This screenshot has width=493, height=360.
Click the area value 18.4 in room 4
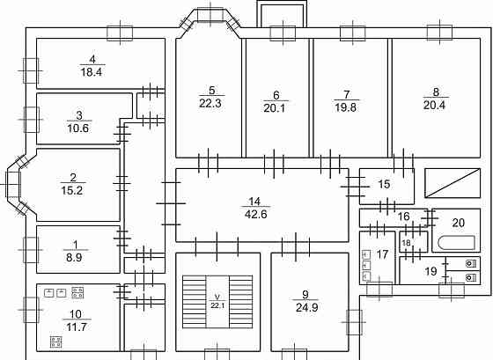click(92, 72)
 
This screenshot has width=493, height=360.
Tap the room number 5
click(212, 91)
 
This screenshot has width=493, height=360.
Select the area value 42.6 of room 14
click(255, 214)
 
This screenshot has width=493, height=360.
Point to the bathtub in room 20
click(456, 243)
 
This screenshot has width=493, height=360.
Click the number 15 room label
click(384, 184)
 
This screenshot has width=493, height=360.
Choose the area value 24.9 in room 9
click(307, 307)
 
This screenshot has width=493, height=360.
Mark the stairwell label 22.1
click(217, 305)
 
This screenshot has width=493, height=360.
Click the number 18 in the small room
click(406, 243)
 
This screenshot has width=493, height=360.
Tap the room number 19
click(430, 271)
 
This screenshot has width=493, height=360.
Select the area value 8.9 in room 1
click(74, 258)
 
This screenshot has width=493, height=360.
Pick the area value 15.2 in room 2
click(72, 190)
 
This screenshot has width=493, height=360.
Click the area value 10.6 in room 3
click(78, 129)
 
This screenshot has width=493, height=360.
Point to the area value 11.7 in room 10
click(77, 327)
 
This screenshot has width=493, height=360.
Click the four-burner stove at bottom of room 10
click(56, 342)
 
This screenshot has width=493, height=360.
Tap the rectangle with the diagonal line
click(453, 183)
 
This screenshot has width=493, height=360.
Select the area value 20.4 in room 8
click(434, 106)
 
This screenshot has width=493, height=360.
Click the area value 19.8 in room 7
click(345, 107)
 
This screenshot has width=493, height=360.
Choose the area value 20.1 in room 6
click(275, 108)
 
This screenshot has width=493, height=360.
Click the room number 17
click(383, 254)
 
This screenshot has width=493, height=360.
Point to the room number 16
click(404, 217)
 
